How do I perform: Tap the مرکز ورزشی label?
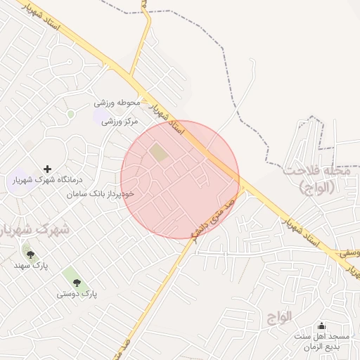[120, 121]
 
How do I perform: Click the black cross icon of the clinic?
[48, 169]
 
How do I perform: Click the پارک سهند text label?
[30, 266]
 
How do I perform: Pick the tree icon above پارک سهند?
[30, 255]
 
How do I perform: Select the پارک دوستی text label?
[77, 294]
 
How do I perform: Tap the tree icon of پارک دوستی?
[77, 283]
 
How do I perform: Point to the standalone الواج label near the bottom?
[279, 316]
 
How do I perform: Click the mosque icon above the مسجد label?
[322, 326]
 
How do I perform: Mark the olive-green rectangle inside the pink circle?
[160, 152]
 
